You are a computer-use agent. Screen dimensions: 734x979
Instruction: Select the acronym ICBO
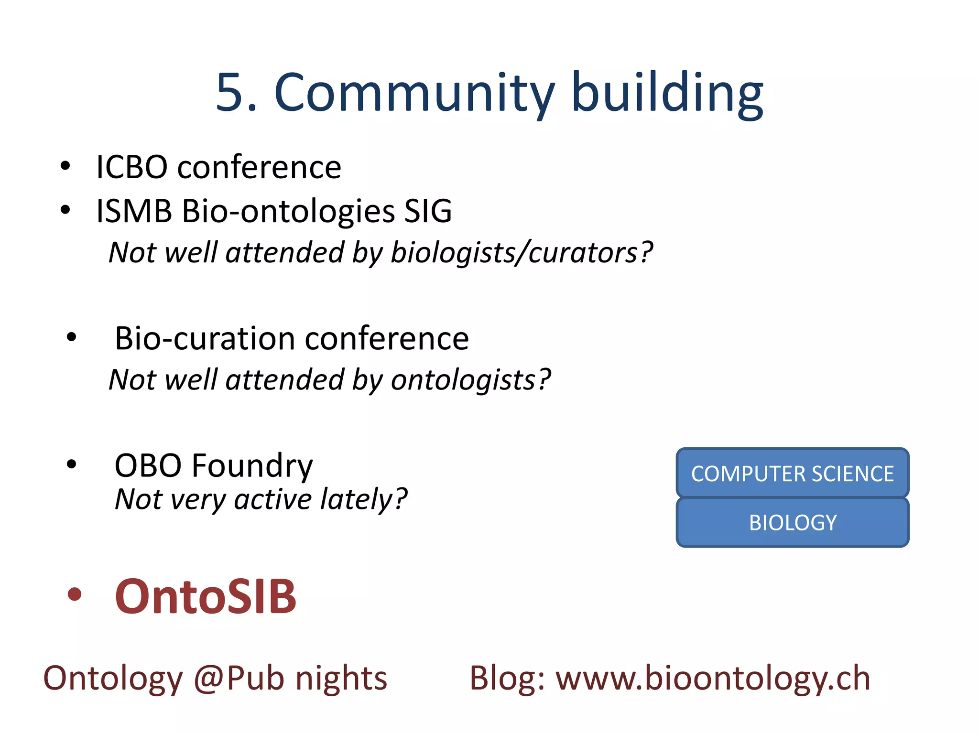(132, 167)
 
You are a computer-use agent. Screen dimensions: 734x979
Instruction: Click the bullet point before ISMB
(65, 210)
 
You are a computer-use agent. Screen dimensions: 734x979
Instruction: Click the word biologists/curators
(521, 252)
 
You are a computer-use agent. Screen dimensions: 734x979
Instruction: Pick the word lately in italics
(363, 499)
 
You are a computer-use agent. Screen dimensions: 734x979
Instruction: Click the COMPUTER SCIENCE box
(792, 474)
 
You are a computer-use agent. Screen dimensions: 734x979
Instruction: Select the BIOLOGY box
(792, 522)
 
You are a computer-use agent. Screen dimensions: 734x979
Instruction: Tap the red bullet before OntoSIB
(74, 594)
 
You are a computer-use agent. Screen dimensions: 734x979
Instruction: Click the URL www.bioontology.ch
(712, 678)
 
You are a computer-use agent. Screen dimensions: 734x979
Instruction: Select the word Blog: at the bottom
(507, 678)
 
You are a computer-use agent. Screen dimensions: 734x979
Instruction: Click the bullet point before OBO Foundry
(72, 464)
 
